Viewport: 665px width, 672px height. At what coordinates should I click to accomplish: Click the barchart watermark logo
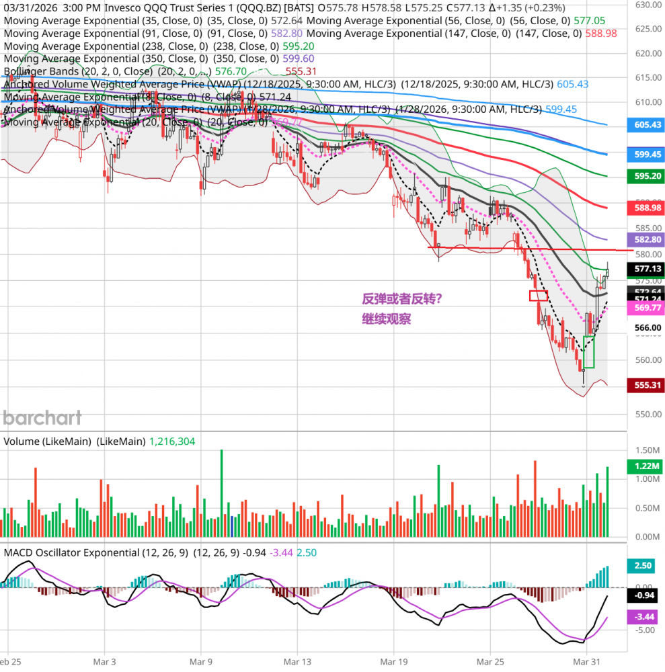click(42, 417)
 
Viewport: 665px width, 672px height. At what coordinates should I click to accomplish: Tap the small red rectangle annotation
click(539, 295)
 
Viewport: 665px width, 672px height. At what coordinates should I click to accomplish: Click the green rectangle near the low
click(589, 351)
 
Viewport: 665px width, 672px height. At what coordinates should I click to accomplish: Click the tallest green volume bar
click(221, 494)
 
